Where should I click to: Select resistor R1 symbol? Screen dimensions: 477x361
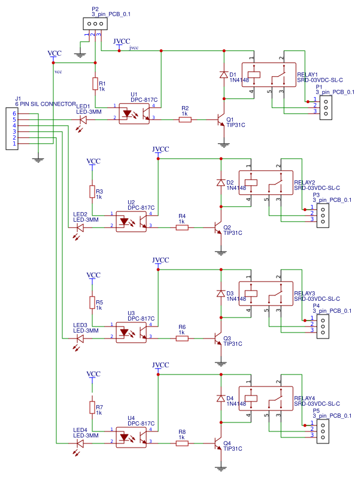(x=95, y=83)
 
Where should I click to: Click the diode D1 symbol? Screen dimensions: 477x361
(x=223, y=75)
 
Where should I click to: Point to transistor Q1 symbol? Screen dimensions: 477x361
(x=220, y=120)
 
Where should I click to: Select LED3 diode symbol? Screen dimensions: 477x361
(x=80, y=339)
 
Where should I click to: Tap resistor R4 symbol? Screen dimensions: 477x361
(x=181, y=228)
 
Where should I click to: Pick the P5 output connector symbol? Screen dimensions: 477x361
(x=322, y=429)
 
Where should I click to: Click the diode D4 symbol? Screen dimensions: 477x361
(x=220, y=398)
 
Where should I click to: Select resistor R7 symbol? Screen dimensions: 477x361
(x=92, y=408)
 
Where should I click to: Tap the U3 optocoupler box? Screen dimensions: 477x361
(x=132, y=333)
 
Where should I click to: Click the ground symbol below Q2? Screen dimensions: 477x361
(x=220, y=252)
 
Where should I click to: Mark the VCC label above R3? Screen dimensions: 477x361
(x=93, y=161)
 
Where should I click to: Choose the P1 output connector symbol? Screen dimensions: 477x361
(x=326, y=107)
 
